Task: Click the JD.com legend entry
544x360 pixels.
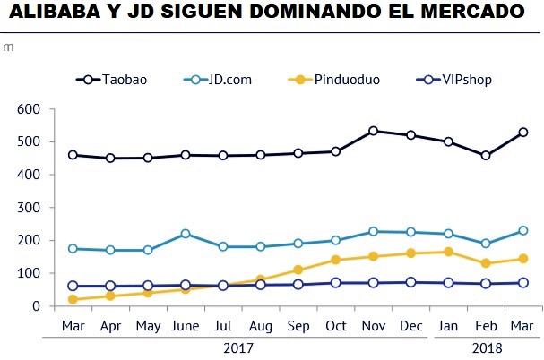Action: (x=229, y=80)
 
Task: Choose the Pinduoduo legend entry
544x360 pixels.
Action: (x=347, y=80)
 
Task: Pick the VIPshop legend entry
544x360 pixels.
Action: (x=466, y=80)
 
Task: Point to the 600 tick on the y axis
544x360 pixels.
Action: (x=29, y=109)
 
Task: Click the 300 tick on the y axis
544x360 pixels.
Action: (x=29, y=208)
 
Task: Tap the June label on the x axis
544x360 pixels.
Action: (x=186, y=324)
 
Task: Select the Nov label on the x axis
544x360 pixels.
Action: (x=373, y=324)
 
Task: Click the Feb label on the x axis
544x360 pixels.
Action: (x=485, y=324)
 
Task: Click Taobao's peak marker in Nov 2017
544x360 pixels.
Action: (x=373, y=131)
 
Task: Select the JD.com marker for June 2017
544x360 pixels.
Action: (x=186, y=234)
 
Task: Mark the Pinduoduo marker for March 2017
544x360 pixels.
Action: (x=73, y=300)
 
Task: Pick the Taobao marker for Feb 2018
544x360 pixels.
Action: (x=485, y=156)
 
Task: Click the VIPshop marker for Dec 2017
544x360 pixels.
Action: (x=410, y=282)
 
